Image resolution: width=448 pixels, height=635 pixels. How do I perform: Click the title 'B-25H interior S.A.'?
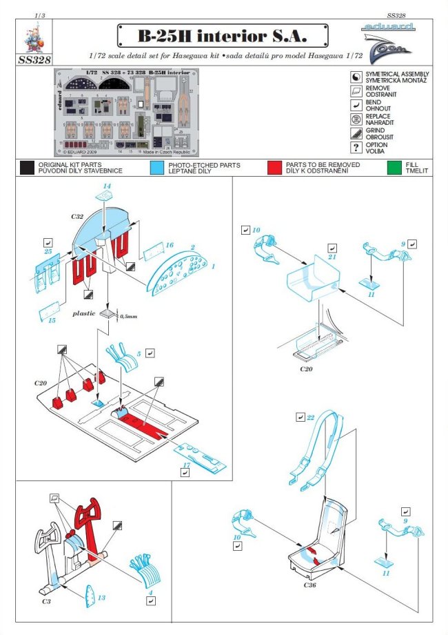coord(222,35)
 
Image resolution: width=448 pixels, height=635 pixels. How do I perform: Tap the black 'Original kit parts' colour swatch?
coord(27,167)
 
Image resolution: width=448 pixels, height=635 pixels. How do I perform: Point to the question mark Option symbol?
coord(356,149)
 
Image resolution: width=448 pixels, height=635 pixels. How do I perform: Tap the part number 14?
coord(107,187)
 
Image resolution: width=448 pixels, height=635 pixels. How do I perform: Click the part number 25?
coord(47,253)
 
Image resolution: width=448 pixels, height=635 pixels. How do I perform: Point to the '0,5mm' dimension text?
coord(129,317)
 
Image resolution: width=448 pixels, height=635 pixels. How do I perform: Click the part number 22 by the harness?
coord(310,418)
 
